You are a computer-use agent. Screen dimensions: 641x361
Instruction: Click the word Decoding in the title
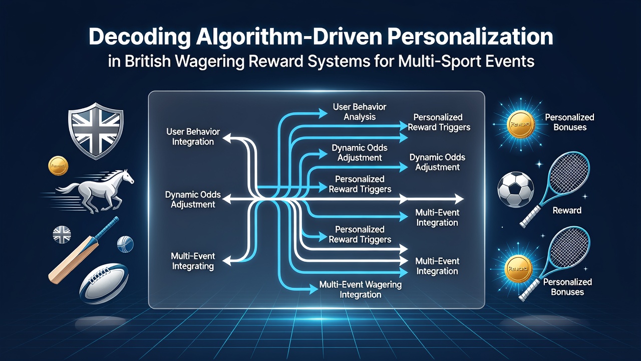pos(140,38)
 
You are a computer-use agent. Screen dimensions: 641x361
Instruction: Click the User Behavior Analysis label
pos(360,112)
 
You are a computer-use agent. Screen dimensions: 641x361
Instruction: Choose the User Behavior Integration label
pos(193,137)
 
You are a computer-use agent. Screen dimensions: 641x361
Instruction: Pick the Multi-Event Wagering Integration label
pos(360,290)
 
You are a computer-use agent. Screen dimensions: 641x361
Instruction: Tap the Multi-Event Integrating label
pos(193,261)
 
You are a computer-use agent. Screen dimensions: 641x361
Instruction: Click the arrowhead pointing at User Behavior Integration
pos(227,138)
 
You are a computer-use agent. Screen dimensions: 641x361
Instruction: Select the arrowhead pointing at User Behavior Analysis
pos(323,113)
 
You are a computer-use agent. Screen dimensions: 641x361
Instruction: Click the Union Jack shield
pos(96,130)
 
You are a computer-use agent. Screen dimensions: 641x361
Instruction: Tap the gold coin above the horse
pos(58,165)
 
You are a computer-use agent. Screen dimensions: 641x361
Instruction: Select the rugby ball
pos(104,284)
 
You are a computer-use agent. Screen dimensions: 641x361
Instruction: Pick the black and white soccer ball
pos(516,190)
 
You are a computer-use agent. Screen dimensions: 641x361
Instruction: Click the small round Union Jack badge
pos(62,235)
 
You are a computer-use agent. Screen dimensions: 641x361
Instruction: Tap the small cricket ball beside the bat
pos(125,244)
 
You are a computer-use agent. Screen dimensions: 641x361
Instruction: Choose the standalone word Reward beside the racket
pos(567,211)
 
